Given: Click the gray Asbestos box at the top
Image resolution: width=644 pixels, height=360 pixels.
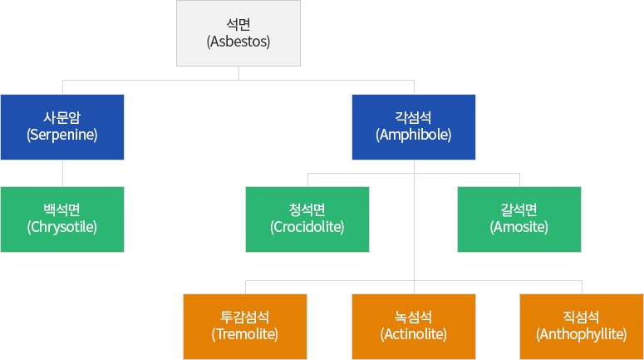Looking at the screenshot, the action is pyautogui.click(x=238, y=33).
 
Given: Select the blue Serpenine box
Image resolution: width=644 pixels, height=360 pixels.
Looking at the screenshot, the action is pyautogui.click(x=62, y=127).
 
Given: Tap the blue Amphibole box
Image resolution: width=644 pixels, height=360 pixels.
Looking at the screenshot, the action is pyautogui.click(x=414, y=127).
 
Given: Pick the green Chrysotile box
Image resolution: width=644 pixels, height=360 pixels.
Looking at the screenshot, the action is pyautogui.click(x=62, y=219).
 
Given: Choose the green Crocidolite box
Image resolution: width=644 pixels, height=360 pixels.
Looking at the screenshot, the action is pyautogui.click(x=307, y=219).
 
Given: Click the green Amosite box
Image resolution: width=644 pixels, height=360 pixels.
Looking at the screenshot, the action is pyautogui.click(x=519, y=219).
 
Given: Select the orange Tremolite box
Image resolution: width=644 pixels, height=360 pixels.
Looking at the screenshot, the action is pyautogui.click(x=245, y=327).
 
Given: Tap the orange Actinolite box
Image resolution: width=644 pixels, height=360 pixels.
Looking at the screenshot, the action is pyautogui.click(x=414, y=327).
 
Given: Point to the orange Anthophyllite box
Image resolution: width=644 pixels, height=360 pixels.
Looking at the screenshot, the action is pyautogui.click(x=582, y=327).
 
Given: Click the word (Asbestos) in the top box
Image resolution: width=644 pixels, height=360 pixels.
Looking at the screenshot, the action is pyautogui.click(x=238, y=42).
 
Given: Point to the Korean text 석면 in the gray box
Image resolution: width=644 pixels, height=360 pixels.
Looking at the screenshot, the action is pyautogui.click(x=238, y=24).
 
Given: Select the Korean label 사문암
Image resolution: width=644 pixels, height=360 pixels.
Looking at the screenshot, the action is pyautogui.click(x=62, y=117).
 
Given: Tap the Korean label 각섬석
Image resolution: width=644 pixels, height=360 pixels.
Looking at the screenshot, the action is pyautogui.click(x=414, y=117).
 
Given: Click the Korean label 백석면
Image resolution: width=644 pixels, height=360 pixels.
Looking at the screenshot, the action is pyautogui.click(x=62, y=210).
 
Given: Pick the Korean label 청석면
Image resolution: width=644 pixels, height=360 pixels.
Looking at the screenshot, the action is pyautogui.click(x=307, y=210).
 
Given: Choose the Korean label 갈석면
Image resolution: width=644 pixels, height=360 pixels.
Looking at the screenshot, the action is pyautogui.click(x=519, y=210).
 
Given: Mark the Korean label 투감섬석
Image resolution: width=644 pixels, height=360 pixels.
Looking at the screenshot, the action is pyautogui.click(x=245, y=317).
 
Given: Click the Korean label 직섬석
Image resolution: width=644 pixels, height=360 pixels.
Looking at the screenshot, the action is pyautogui.click(x=581, y=317).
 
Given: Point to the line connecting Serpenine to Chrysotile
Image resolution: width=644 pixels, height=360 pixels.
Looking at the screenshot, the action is pyautogui.click(x=63, y=174).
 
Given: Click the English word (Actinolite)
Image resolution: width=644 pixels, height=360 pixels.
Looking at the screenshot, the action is pyautogui.click(x=414, y=334).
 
